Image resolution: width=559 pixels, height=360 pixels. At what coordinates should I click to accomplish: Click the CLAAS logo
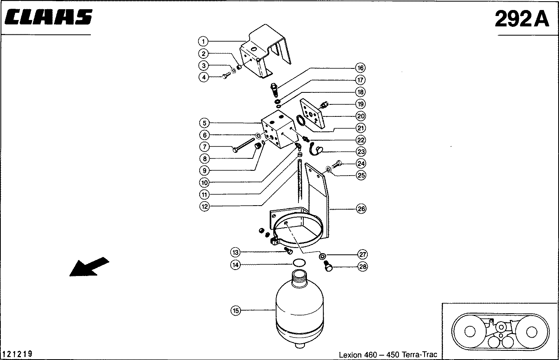point(48,17)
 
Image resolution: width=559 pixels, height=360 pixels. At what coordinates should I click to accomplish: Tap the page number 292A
point(522,19)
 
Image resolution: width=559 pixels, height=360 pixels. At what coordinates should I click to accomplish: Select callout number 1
point(203,42)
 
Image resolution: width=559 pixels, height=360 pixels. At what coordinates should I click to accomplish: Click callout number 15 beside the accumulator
point(236,311)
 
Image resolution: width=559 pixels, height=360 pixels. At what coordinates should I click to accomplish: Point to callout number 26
point(361,208)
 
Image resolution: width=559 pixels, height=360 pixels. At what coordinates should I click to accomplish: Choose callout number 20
point(361,116)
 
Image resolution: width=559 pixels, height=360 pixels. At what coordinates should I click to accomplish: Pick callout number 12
point(204,206)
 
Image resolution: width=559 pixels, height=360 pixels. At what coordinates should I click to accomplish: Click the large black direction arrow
point(89,267)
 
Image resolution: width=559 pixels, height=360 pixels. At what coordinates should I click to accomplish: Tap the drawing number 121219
point(17,354)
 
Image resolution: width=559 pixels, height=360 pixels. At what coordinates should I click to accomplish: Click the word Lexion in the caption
point(350,355)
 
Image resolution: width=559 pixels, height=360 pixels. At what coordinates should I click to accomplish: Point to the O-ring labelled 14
point(299,263)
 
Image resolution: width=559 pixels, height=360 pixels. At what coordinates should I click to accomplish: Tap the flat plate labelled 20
point(313,114)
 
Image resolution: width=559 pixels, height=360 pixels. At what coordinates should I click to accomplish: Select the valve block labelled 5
point(279,129)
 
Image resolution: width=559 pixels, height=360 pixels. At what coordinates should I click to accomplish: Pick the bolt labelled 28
point(328,266)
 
